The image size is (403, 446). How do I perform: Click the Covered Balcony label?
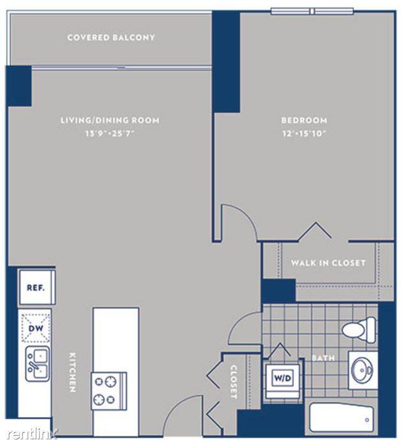(111, 38)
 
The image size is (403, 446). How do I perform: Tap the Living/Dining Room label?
(110, 120)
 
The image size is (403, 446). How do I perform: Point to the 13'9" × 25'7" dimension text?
(110, 133)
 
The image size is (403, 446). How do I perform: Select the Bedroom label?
(304, 120)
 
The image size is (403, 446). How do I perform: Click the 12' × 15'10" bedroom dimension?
(304, 133)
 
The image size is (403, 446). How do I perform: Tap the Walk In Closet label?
(328, 263)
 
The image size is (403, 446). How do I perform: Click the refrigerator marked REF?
(36, 287)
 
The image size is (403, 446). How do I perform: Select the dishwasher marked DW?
(36, 328)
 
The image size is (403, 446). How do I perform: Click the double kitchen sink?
(38, 364)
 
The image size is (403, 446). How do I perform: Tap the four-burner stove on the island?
(109, 391)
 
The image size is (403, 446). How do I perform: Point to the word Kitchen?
(73, 372)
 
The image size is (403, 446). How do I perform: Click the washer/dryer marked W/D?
(283, 379)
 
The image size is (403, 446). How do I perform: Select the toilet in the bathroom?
(360, 330)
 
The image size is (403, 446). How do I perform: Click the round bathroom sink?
(362, 370)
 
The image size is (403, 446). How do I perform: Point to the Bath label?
(323, 358)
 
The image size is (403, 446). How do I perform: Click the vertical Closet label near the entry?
(234, 382)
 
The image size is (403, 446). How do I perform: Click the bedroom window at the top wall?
(312, 12)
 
